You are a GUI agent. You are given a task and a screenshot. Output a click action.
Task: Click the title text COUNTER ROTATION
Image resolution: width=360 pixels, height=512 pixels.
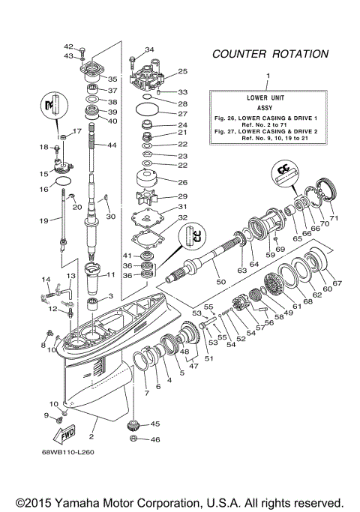[x=270, y=54]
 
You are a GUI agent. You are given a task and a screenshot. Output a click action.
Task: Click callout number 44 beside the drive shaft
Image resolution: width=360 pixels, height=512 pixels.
[x=112, y=145]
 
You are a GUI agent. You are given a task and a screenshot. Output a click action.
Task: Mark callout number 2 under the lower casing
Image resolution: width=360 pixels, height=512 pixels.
[x=92, y=436]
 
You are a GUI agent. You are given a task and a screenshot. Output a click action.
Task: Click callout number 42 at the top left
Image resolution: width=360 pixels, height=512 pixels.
[x=67, y=46]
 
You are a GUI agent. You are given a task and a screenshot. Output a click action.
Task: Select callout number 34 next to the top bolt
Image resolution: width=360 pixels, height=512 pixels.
[x=149, y=50]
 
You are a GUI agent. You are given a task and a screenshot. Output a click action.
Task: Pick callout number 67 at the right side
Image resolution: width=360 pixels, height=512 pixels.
[x=337, y=283]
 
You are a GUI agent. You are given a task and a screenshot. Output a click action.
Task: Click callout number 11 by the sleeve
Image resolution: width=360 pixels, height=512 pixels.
[x=111, y=275]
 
